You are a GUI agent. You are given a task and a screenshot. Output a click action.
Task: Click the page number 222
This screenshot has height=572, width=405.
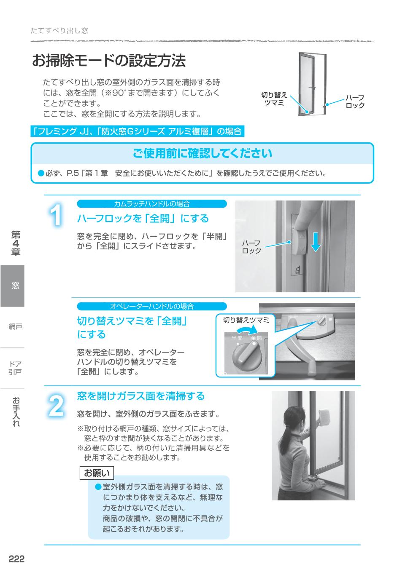pos(17,559)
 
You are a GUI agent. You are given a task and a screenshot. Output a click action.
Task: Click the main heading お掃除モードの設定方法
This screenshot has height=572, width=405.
pos(108,61)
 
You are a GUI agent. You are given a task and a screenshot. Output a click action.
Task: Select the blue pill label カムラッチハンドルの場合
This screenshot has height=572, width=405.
pos(152,204)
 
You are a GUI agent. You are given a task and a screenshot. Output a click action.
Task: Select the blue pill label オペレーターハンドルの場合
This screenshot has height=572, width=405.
pos(152,307)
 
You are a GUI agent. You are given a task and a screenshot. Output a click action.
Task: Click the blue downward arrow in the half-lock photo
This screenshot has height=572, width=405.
pos(316,243)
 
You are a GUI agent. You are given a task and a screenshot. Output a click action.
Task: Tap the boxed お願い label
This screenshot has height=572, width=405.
pos(97,473)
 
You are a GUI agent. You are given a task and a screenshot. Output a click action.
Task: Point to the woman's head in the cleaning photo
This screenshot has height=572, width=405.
pos(292,417)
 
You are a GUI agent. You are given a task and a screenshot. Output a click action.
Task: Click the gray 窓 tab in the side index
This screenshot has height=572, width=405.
pos(13,286)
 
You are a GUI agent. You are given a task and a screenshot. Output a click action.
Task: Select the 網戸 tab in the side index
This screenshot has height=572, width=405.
pos(15,327)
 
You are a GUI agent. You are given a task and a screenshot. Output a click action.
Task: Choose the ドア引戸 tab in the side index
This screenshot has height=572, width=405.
pos(15,368)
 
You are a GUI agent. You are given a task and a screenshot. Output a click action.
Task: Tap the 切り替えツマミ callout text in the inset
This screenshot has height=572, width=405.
pos(246,320)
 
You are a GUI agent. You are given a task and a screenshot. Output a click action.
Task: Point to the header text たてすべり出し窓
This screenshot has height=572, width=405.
pos(59,31)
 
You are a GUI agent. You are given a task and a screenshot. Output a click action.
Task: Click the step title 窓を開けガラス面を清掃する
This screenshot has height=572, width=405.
pos(140,396)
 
